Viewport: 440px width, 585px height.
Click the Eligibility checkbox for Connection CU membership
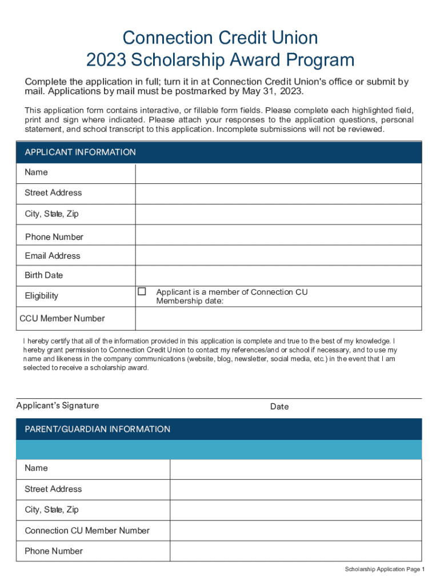click(x=142, y=292)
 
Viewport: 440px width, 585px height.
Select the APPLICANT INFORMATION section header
click(x=80, y=153)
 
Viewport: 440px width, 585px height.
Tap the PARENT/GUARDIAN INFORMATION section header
click(x=97, y=429)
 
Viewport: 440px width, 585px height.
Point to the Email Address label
click(x=53, y=256)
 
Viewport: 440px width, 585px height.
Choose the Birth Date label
click(x=44, y=275)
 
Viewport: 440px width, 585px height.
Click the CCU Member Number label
click(x=62, y=318)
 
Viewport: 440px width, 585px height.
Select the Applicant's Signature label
click(x=58, y=406)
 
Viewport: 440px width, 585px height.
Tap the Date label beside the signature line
click(x=279, y=407)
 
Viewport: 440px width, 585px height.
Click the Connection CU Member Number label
click(x=87, y=531)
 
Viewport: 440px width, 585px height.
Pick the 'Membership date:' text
click(x=190, y=301)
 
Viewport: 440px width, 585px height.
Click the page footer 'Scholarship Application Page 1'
click(x=385, y=570)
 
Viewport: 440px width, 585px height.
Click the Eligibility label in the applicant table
click(x=41, y=296)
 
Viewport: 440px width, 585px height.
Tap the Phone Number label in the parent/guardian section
click(x=54, y=551)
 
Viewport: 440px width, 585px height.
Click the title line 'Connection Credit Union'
click(x=220, y=38)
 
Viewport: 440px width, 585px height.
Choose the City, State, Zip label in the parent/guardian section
click(x=51, y=510)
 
